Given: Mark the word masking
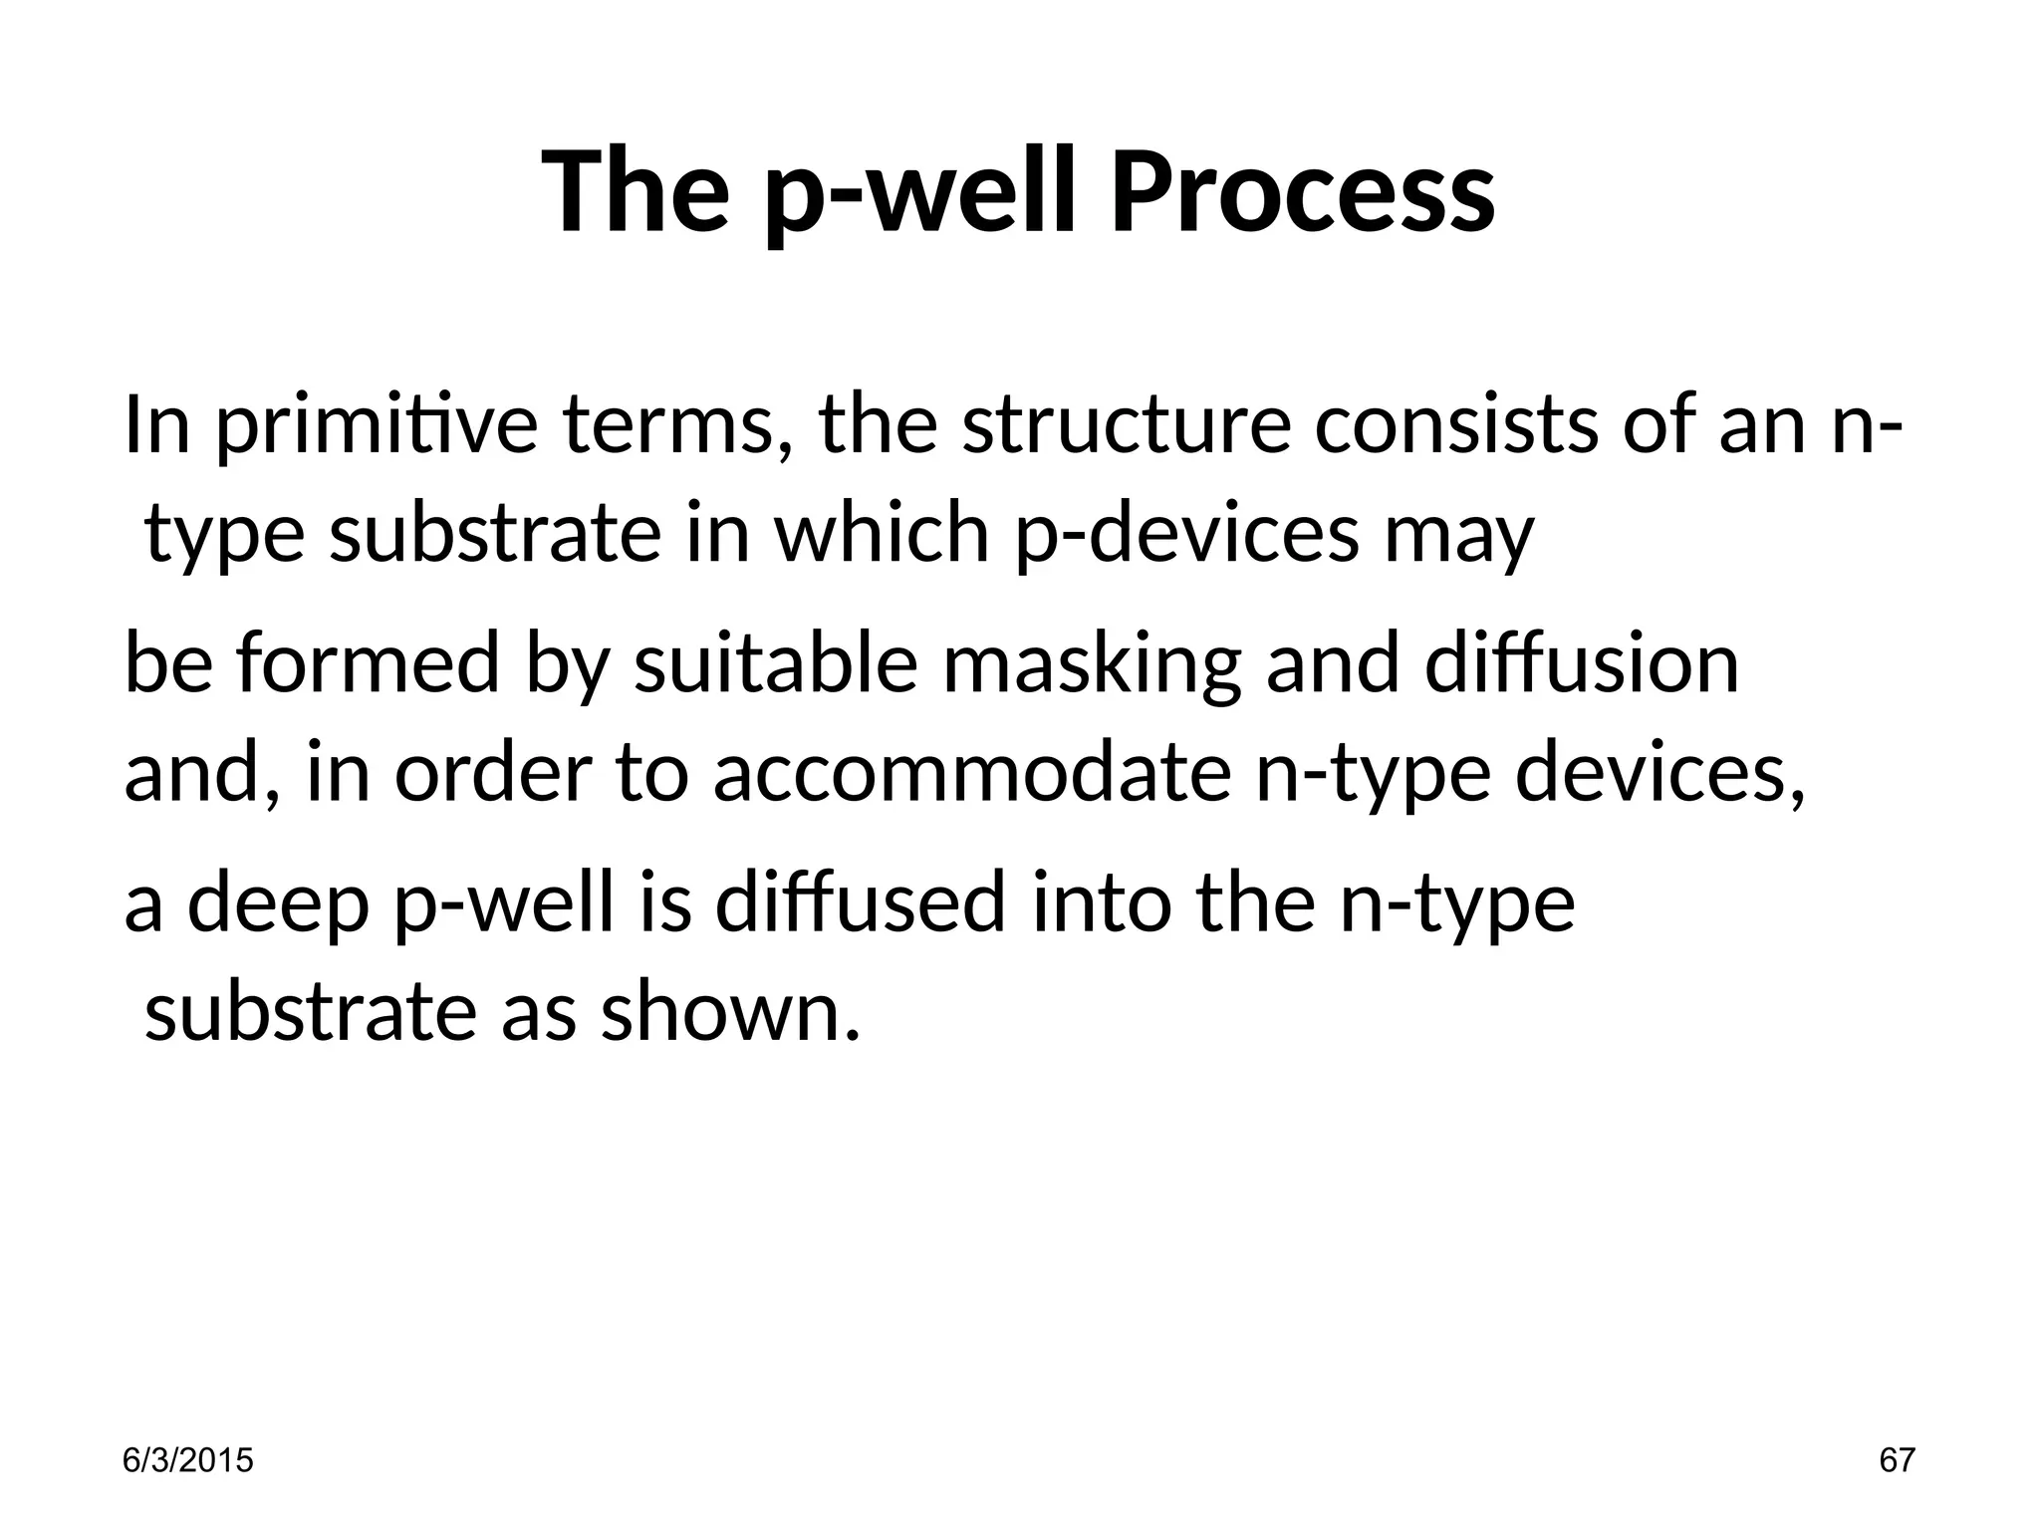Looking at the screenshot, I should tap(1091, 664).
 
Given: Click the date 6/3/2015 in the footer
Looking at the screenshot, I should tap(187, 1461).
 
